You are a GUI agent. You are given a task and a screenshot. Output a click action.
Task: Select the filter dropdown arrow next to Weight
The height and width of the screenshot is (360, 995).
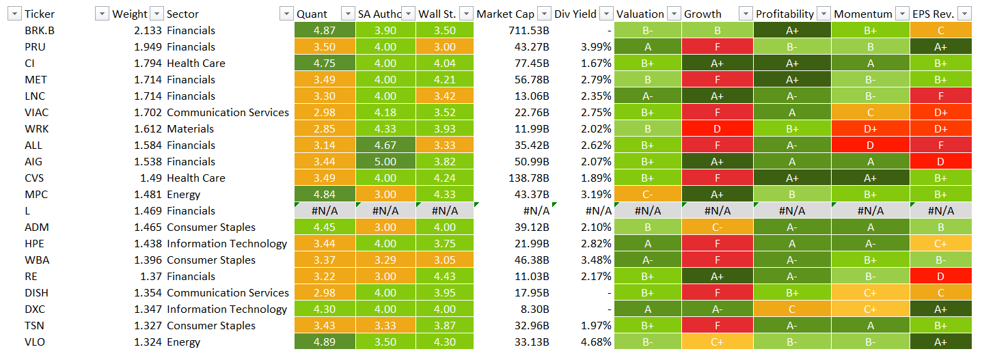[x=156, y=14]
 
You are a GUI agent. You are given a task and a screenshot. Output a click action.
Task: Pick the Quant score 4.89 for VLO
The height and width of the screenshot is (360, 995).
[x=325, y=342]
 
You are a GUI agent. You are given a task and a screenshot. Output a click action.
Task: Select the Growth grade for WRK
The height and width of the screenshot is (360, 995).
[x=717, y=129]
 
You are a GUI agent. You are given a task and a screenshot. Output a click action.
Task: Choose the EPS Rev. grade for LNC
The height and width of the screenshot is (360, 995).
[x=941, y=96]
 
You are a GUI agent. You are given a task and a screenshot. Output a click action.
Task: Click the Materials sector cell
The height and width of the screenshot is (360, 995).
[x=190, y=129]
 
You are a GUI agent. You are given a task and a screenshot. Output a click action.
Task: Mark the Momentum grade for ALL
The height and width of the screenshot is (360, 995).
[x=871, y=146]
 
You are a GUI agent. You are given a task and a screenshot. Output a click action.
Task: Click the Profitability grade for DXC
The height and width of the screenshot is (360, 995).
[x=792, y=309]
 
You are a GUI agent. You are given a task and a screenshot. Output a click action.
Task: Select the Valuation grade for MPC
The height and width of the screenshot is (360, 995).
[x=647, y=195]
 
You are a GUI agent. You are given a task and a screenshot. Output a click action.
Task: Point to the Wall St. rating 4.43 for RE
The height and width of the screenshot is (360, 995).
[x=444, y=277]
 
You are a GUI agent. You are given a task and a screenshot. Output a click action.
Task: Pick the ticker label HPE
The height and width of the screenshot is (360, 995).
[x=36, y=244]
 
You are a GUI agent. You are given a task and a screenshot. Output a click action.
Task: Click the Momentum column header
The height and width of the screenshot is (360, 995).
[x=863, y=14]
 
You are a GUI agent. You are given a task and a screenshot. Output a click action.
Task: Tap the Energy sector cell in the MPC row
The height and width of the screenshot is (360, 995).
[x=184, y=195]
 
